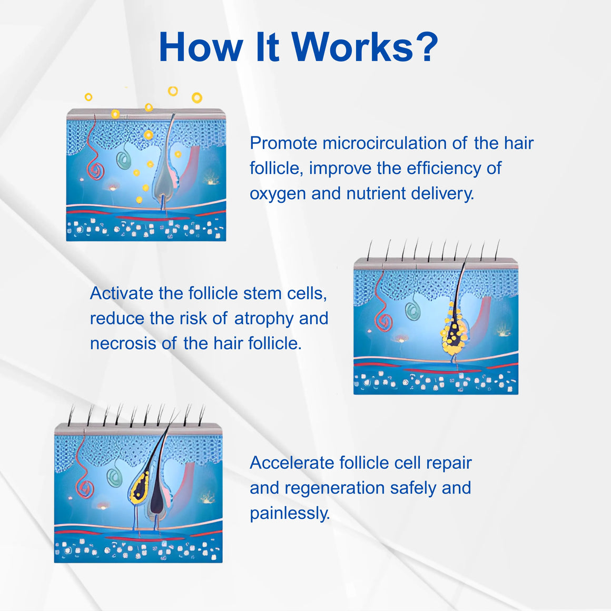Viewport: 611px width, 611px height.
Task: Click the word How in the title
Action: click(201, 47)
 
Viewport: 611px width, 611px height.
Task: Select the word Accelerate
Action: click(292, 462)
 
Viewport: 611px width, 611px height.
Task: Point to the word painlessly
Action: click(290, 514)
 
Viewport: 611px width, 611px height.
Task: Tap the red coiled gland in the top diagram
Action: click(96, 171)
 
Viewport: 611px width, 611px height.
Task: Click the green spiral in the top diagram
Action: click(124, 160)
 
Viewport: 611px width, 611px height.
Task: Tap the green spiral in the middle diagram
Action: click(412, 311)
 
